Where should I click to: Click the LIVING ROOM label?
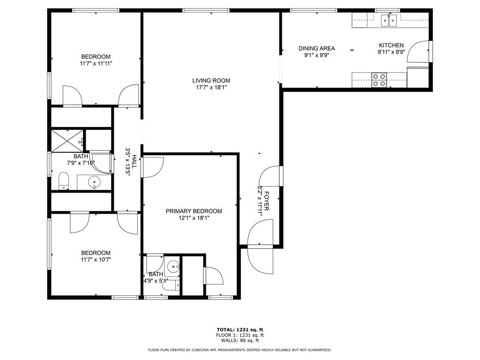click(211, 81)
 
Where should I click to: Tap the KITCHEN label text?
click(391, 45)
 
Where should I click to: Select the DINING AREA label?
click(316, 48)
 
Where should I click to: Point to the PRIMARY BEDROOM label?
click(194, 211)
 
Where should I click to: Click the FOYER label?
click(266, 201)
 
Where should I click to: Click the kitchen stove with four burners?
click(379, 80)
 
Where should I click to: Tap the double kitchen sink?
click(389, 20)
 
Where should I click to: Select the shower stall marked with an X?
click(67, 141)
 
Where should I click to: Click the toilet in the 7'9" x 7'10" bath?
click(64, 181)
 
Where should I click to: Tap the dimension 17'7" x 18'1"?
click(211, 88)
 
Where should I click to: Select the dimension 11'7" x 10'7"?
click(96, 260)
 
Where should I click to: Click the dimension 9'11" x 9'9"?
click(391, 52)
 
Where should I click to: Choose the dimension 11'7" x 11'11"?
click(96, 64)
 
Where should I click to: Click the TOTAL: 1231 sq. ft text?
click(240, 330)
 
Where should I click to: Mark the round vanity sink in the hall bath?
click(94, 183)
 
